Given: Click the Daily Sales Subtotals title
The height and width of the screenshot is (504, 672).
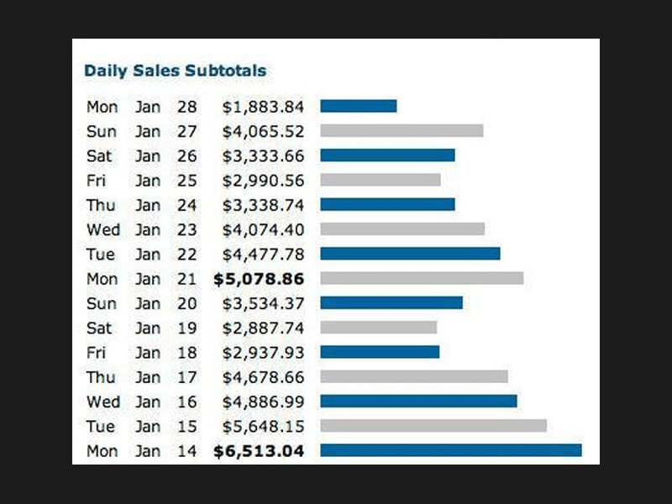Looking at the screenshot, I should pos(175,71).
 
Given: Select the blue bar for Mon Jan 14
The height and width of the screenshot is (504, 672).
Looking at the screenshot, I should pos(450,451).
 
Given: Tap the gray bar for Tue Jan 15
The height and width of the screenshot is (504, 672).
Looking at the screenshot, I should pos(433,426).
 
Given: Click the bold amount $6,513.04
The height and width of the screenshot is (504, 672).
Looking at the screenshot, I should pos(259,451).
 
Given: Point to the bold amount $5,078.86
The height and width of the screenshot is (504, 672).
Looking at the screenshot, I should pos(259,278).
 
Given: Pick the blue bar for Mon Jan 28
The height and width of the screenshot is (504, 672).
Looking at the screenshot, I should pos(358,107).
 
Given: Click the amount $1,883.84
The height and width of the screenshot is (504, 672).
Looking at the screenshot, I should pos(263,107).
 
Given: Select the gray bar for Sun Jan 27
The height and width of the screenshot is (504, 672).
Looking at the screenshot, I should pos(402,131).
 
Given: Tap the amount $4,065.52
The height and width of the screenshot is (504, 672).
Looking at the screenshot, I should pos(263,131).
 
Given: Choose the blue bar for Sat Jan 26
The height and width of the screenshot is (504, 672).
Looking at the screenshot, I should pos(387,155).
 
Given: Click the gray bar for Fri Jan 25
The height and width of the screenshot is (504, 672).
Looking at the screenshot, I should pos(380,180).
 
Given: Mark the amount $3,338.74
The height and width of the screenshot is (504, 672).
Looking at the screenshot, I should pos(263,205).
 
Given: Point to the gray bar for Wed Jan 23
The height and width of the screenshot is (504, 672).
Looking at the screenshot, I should pos(402,229).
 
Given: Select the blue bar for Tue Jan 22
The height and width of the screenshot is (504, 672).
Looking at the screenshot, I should pos(410,254).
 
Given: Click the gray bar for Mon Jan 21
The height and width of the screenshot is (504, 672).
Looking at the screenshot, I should pos(422,278).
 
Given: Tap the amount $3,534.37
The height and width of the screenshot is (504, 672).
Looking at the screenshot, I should pos(263,303).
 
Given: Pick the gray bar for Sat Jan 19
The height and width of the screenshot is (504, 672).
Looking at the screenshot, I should pos(378,328).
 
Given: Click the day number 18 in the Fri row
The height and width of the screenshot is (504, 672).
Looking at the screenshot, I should pos(186,352).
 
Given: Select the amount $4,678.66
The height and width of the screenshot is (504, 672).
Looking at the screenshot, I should pos(263,377).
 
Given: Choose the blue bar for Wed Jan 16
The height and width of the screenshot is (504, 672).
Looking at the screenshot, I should pos(418,402).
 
